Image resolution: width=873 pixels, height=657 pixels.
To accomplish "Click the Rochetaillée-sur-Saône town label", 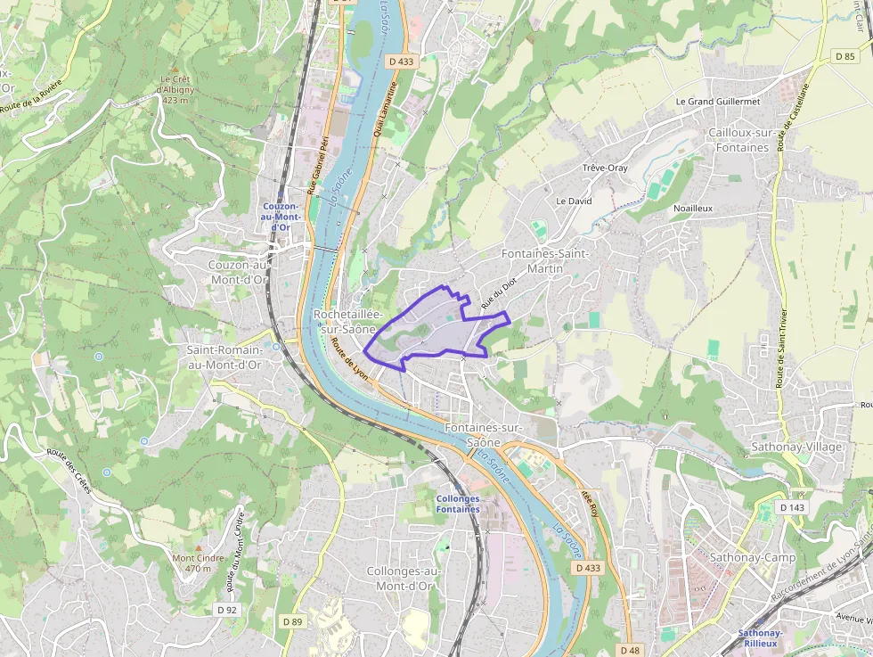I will (x=348, y=322).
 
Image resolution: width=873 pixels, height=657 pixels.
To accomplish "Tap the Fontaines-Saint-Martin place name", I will (x=545, y=260).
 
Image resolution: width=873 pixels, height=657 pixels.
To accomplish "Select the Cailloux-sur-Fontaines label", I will (x=738, y=139).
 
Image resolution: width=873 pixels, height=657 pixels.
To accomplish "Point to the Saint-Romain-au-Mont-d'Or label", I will (x=224, y=357).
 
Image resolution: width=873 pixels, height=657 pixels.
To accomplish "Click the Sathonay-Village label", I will (x=796, y=446).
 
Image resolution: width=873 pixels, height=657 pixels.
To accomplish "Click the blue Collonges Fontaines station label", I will (x=458, y=504).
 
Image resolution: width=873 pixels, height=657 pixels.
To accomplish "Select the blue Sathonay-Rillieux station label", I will (x=760, y=638).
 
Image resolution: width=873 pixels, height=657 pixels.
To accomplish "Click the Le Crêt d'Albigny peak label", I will (x=175, y=89).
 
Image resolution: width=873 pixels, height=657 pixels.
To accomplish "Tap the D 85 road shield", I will (x=844, y=55).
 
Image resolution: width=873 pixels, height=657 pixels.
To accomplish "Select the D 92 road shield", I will (x=227, y=610).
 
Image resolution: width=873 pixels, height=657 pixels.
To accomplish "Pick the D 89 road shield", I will (x=292, y=621).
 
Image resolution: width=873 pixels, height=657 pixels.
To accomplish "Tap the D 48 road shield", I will (x=630, y=650).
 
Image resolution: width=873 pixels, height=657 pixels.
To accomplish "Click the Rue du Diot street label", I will (x=499, y=295).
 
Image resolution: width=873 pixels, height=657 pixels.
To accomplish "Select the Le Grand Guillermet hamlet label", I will (x=718, y=102).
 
